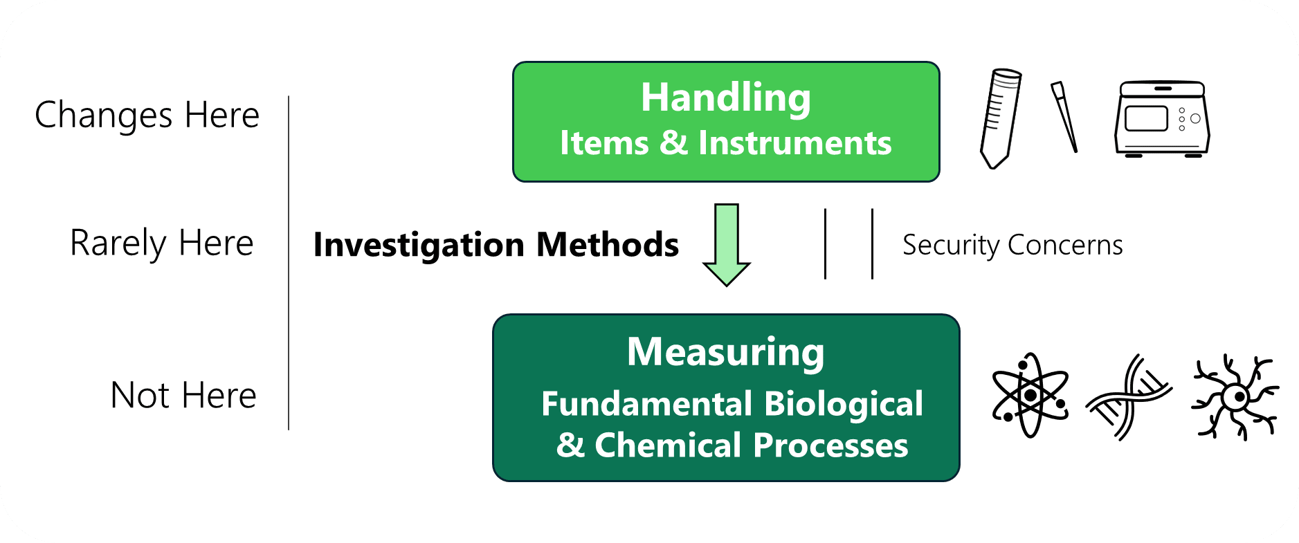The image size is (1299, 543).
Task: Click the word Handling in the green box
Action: point(725,98)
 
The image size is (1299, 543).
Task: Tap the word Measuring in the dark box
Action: point(725,353)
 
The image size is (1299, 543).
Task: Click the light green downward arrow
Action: point(726,245)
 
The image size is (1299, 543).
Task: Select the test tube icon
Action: point(1000,118)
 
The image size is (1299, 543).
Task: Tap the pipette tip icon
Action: point(1064,116)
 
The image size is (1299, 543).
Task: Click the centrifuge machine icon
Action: point(1162,119)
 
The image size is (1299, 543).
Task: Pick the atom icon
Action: point(1030,396)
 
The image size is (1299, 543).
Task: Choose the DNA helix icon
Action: point(1128,397)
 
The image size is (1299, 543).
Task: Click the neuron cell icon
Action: point(1235,397)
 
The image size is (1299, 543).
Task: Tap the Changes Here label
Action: point(147,115)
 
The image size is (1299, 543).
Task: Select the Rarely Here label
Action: point(162,243)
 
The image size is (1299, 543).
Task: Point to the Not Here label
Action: point(183,396)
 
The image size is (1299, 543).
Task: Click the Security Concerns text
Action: point(1012,245)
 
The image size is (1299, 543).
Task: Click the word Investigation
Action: point(420,246)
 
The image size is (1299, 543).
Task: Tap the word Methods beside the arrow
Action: point(607,245)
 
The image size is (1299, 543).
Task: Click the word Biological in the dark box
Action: point(844,404)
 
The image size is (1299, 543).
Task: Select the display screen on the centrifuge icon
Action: point(1146,118)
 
